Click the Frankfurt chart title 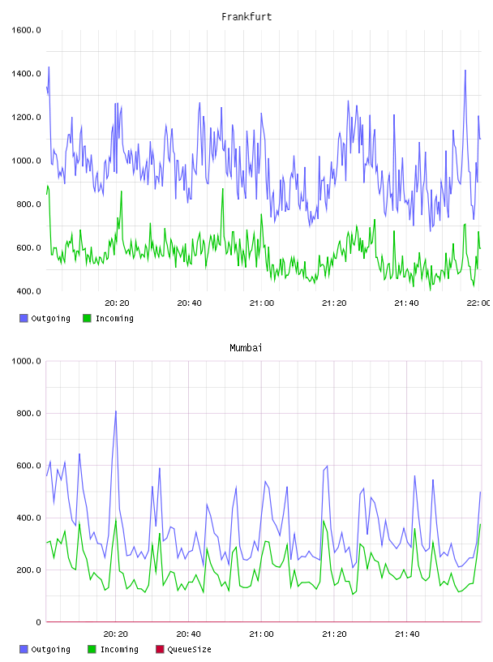coord(246,17)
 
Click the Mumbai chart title coord(246,348)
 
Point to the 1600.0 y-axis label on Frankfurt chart coord(26,30)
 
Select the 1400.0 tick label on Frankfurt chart coord(26,74)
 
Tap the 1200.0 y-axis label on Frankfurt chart coord(26,117)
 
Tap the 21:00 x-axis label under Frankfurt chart coord(262,303)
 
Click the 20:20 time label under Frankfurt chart coord(117,303)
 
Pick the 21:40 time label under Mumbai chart coord(407,634)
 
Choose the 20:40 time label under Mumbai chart coord(188,634)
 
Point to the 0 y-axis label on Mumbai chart coord(38,622)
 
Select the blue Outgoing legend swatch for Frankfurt coord(24,318)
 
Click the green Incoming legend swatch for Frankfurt coord(87,318)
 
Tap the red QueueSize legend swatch coord(160,649)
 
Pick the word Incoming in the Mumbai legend coord(119,649)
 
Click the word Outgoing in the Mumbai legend coord(50,649)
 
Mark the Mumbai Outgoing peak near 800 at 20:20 coord(116,411)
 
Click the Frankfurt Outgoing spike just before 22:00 coord(465,71)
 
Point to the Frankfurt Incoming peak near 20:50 coord(223,189)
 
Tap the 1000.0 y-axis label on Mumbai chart coord(26,361)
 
